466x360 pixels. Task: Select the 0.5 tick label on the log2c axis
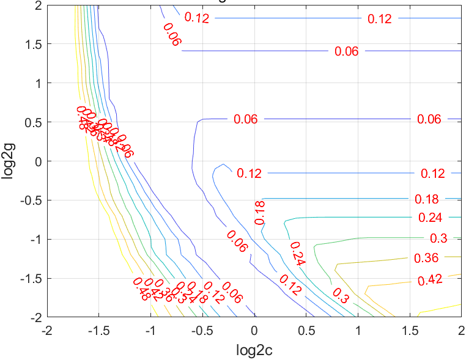pyautogui.click(x=306, y=330)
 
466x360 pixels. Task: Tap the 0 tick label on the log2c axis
pyautogui.click(x=254, y=330)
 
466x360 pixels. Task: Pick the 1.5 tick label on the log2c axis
pyautogui.click(x=410, y=330)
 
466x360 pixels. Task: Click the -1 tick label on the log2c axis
pyautogui.click(x=150, y=330)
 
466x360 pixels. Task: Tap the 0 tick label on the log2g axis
pyautogui.click(x=38, y=161)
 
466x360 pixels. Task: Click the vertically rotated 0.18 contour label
pyautogui.click(x=260, y=212)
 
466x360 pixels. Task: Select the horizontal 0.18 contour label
pyautogui.click(x=427, y=199)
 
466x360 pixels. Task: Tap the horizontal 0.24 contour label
pyautogui.click(x=430, y=218)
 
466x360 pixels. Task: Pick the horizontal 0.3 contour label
pyautogui.click(x=438, y=238)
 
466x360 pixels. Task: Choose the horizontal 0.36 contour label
pyautogui.click(x=426, y=258)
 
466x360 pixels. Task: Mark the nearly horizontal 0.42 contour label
pyautogui.click(x=430, y=280)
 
